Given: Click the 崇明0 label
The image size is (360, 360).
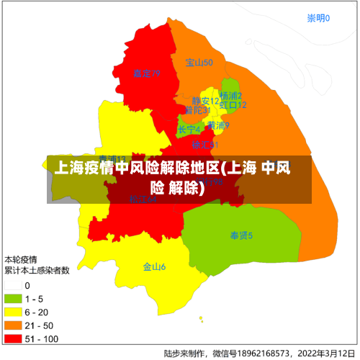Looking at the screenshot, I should (318, 19).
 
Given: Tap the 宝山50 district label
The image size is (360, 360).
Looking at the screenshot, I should (199, 63).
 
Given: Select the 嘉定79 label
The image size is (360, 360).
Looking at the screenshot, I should (146, 73).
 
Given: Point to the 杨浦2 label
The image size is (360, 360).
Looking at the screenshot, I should (231, 96).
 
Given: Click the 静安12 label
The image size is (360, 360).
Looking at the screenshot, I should (205, 101).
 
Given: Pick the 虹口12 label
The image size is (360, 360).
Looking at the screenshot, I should (233, 105).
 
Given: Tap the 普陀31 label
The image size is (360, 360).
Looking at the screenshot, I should (197, 111).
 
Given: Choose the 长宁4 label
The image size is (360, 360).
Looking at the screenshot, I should (189, 130).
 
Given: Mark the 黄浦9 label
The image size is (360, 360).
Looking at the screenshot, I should (218, 125).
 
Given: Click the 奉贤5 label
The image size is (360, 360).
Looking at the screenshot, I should (241, 235).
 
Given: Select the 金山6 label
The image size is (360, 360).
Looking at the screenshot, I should (154, 267).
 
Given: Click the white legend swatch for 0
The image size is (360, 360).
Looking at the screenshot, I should (13, 286).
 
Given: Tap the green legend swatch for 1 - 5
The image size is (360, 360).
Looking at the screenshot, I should (13, 299).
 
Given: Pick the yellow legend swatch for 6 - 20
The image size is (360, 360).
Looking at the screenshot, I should (13, 312).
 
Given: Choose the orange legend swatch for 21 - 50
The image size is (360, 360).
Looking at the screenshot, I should (13, 325).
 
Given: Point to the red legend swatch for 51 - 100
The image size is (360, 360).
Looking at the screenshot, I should (13, 338).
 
